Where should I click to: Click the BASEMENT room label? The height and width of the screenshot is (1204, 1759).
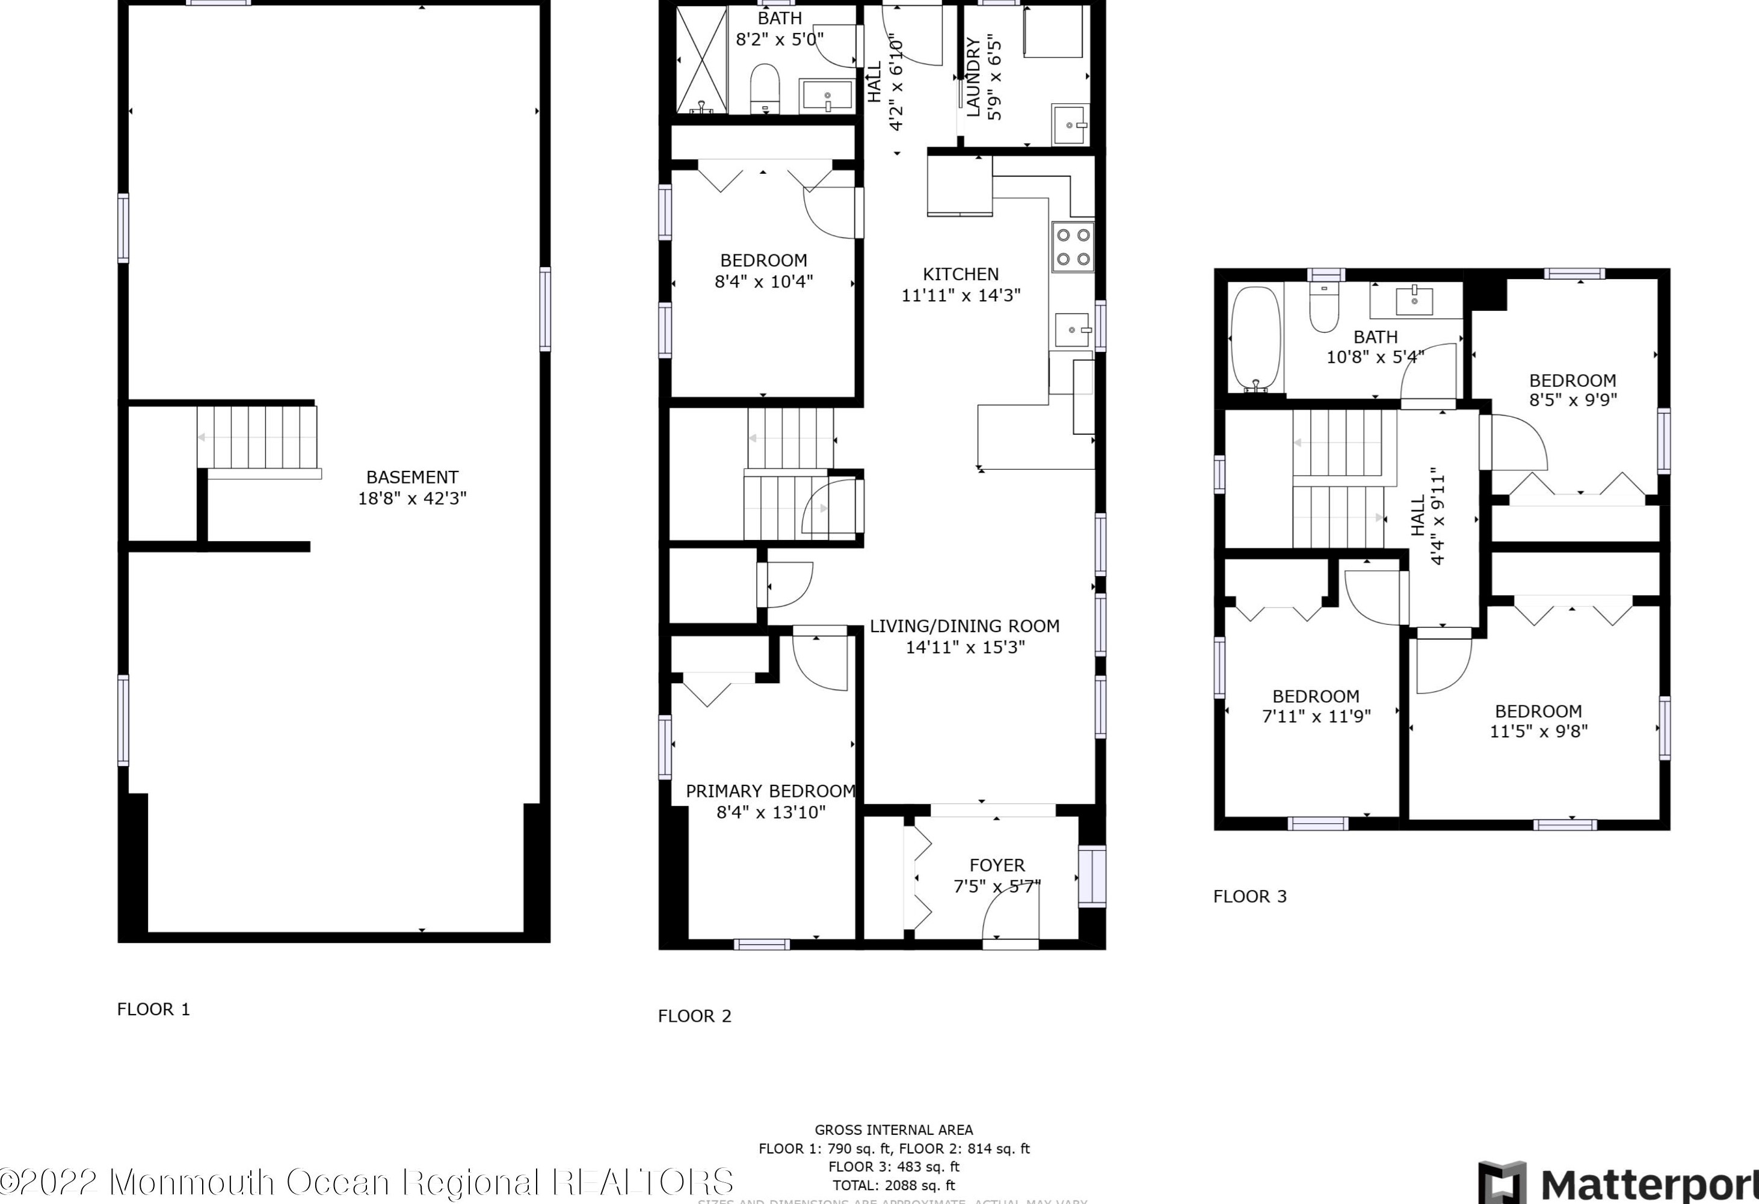tap(411, 478)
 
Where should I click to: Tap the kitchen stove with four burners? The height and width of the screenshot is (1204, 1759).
tap(1073, 247)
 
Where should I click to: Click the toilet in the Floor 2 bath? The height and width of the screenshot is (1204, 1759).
tap(766, 88)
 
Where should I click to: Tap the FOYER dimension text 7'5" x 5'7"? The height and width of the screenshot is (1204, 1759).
tap(997, 886)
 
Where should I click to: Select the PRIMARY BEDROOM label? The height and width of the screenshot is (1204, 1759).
tap(770, 791)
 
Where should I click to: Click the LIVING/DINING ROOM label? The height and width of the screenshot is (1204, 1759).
tap(964, 627)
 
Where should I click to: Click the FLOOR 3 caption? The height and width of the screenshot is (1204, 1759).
tap(1249, 897)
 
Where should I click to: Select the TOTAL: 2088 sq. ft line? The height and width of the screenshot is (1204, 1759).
tap(894, 1186)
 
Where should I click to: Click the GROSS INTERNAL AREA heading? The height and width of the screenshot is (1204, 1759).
tap(894, 1130)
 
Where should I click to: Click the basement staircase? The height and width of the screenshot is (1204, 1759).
tap(257, 438)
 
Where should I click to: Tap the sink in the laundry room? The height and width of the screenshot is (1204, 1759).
tap(1070, 126)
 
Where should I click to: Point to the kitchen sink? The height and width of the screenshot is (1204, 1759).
tap(1073, 330)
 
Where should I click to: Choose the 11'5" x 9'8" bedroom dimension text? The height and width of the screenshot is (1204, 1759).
tap(1538, 732)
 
